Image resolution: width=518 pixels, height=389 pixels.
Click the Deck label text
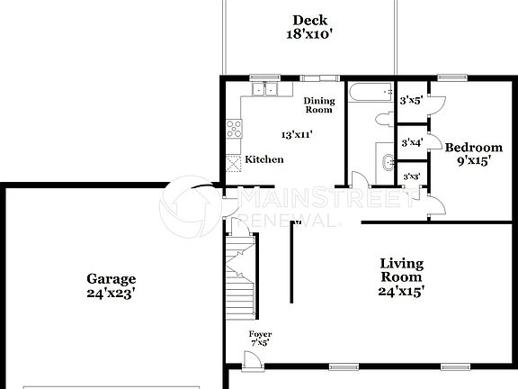pos(309,21)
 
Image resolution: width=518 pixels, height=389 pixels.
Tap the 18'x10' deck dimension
pos(309,36)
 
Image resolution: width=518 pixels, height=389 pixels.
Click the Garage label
pos(111,278)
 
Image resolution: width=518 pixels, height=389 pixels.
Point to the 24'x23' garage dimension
pos(111,294)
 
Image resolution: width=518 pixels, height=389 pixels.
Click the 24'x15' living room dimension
pos(401,292)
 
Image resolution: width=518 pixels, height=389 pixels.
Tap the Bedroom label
pos(473,148)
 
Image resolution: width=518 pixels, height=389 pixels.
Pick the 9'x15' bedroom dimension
pos(473,163)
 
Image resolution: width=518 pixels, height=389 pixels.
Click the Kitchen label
pos(264,159)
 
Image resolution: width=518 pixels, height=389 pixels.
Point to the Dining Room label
pos(318,104)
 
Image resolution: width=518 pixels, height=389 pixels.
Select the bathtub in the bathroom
pos(371,93)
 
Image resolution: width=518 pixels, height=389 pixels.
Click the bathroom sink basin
pos(388,162)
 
